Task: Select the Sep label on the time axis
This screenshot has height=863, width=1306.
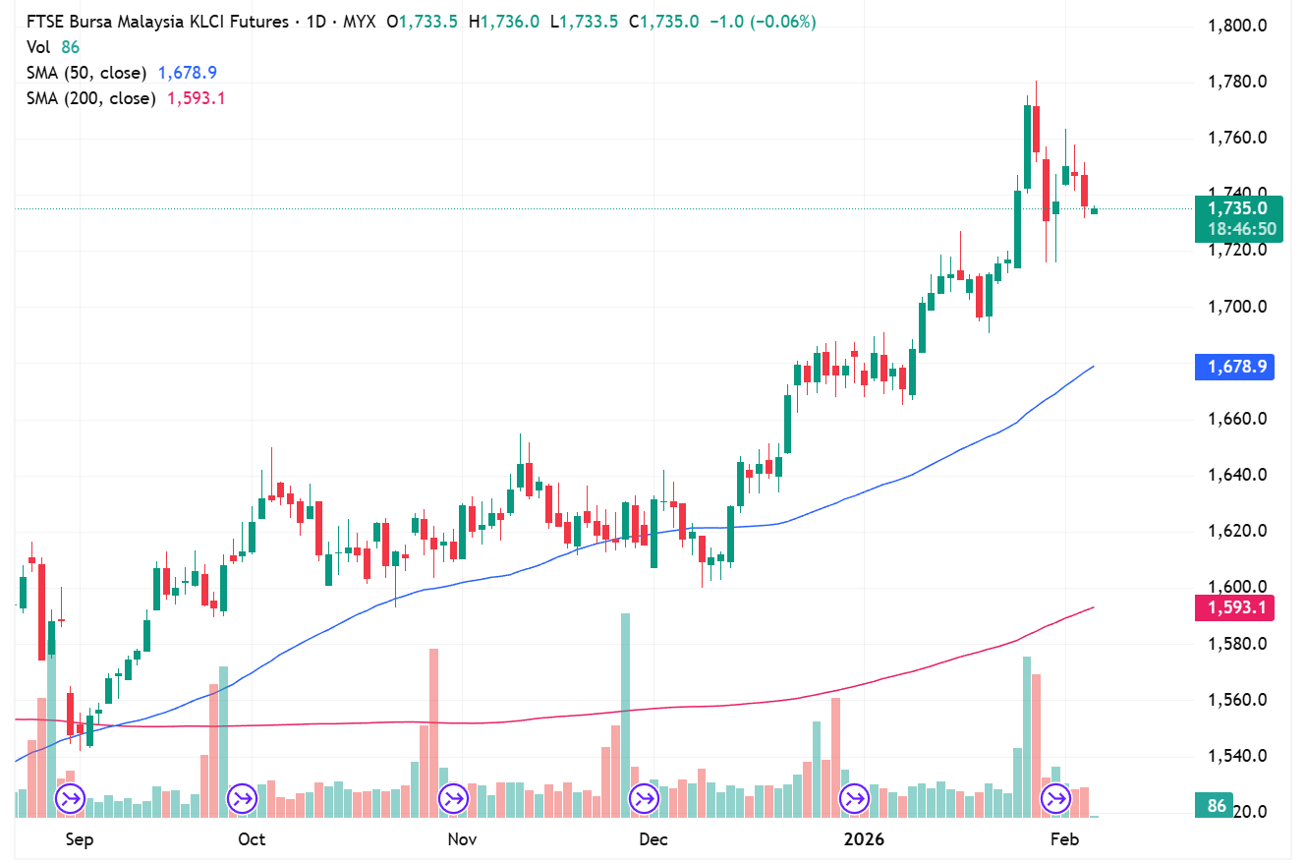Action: pyautogui.click(x=79, y=839)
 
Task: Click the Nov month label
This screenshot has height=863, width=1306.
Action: pyautogui.click(x=462, y=839)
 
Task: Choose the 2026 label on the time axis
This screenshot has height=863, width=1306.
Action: pyautogui.click(x=865, y=839)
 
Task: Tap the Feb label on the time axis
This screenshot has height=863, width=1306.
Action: pyautogui.click(x=1064, y=839)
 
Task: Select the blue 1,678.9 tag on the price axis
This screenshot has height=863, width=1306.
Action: pyautogui.click(x=1234, y=368)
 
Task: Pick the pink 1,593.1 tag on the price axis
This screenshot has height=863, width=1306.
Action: pyautogui.click(x=1234, y=608)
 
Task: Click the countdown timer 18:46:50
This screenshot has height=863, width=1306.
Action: pyautogui.click(x=1241, y=230)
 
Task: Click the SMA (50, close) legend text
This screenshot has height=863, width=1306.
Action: pyautogui.click(x=86, y=73)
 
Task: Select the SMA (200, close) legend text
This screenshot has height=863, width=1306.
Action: pyautogui.click(x=90, y=98)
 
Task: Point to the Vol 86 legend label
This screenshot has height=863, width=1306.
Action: pyautogui.click(x=53, y=47)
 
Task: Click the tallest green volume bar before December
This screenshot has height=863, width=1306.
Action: pyautogui.click(x=625, y=714)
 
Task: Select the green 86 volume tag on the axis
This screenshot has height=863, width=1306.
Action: pyautogui.click(x=1217, y=806)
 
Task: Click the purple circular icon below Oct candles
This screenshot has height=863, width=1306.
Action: pyautogui.click(x=242, y=797)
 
